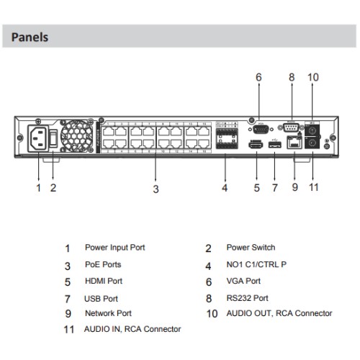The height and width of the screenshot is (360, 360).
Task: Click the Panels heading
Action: click(30, 36)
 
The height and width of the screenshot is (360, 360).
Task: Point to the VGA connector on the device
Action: click(258, 129)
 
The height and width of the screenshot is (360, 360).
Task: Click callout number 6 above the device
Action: click(258, 77)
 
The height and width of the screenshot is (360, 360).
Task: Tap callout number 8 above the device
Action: click(292, 77)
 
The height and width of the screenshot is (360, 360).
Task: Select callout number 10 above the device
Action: click(312, 77)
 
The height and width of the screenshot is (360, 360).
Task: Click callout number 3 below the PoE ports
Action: click(155, 189)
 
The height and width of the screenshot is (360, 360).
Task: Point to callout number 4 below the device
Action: click(225, 189)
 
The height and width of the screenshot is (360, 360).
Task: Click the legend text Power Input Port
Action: click(114, 248)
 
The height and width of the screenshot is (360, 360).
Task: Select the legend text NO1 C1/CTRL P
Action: click(256, 264)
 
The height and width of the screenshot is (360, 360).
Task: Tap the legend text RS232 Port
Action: click(247, 297)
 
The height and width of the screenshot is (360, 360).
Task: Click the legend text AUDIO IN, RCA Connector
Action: click(132, 329)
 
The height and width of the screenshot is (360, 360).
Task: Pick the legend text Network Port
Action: click(108, 313)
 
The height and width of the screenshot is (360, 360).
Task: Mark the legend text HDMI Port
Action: click(104, 281)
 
